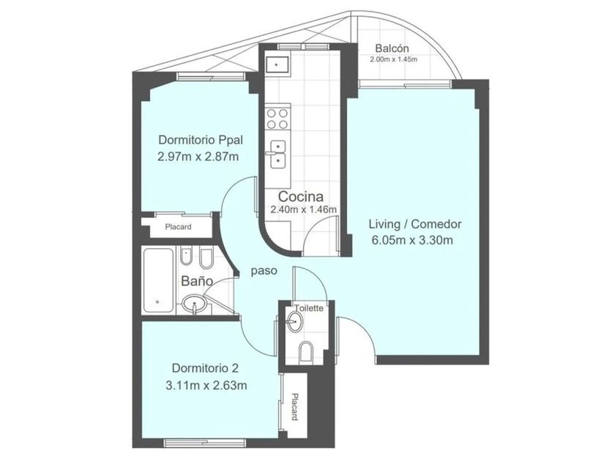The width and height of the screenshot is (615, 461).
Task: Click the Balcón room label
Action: [x=392, y=48]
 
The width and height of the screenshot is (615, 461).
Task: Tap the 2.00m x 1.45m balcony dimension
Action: [x=393, y=59]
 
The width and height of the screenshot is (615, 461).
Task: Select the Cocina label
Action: [x=301, y=196]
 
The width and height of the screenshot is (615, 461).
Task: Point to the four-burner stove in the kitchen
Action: [x=277, y=119]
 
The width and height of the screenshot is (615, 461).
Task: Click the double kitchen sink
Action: [x=278, y=154]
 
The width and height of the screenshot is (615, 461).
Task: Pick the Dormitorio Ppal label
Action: [x=201, y=140]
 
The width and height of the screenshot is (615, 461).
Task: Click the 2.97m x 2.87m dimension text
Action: [x=198, y=157]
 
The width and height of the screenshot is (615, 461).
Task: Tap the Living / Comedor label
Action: [x=415, y=224]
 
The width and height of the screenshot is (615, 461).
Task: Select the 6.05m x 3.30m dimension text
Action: [x=412, y=240]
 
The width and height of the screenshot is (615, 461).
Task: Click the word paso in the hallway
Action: [x=264, y=271]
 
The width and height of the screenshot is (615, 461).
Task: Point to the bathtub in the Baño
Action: [x=158, y=280]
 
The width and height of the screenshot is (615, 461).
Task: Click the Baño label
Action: [x=197, y=281]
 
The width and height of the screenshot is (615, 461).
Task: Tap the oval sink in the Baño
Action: [x=194, y=304]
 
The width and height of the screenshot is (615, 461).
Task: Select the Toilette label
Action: [x=309, y=308]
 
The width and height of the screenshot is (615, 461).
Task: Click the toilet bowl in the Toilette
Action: [x=306, y=351]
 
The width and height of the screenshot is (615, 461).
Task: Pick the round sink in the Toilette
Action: [x=294, y=322]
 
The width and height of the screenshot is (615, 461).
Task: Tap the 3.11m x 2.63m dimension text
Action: [x=206, y=386]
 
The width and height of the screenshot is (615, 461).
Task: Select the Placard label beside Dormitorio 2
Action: [x=294, y=407]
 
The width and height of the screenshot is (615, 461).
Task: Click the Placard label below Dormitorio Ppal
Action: [x=178, y=227]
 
